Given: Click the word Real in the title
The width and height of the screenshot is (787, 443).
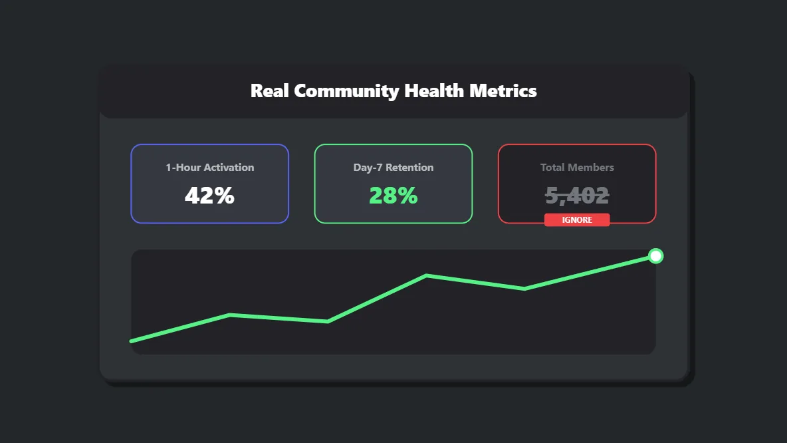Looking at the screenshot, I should pyautogui.click(x=270, y=90).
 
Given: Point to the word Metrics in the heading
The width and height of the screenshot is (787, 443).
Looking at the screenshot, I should pyautogui.click(x=503, y=90).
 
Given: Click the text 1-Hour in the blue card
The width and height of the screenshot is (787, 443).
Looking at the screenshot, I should pyautogui.click(x=183, y=168).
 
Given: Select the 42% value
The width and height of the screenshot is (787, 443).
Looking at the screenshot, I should pyautogui.click(x=209, y=196).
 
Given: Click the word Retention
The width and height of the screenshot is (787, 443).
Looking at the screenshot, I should pyautogui.click(x=409, y=168).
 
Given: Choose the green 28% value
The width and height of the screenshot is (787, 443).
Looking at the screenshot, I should pyautogui.click(x=393, y=196).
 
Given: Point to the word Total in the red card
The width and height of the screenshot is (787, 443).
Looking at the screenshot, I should pyautogui.click(x=555, y=168).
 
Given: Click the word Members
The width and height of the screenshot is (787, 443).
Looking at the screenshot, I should pyautogui.click(x=593, y=168).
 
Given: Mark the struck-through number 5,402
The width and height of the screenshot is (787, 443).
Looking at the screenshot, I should pyautogui.click(x=577, y=196).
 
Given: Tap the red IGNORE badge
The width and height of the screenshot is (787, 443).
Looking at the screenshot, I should pyautogui.click(x=577, y=220).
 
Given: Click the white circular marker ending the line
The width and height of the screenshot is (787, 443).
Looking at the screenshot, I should pyautogui.click(x=655, y=256).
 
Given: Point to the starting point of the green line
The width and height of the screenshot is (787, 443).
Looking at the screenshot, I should pyautogui.click(x=132, y=341).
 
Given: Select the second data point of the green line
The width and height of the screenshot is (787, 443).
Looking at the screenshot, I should pyautogui.click(x=229, y=315).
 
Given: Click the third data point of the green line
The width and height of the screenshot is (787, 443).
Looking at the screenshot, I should pyautogui.click(x=328, y=321).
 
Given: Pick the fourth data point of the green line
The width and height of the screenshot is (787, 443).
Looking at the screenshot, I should pyautogui.click(x=426, y=275).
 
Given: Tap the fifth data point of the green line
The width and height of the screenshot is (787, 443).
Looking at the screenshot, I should pyautogui.click(x=524, y=289).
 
